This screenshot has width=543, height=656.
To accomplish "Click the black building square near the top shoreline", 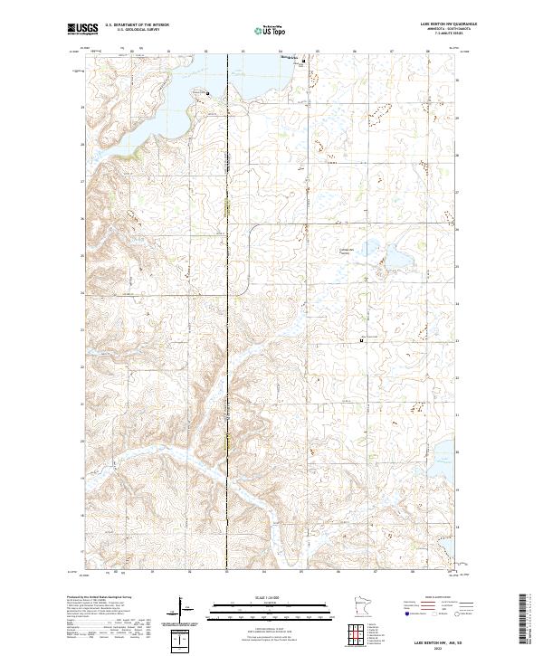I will [x=303, y=61].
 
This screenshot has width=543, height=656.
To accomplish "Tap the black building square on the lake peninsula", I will [x=208, y=92].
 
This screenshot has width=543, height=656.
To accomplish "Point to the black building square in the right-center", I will [x=362, y=340].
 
